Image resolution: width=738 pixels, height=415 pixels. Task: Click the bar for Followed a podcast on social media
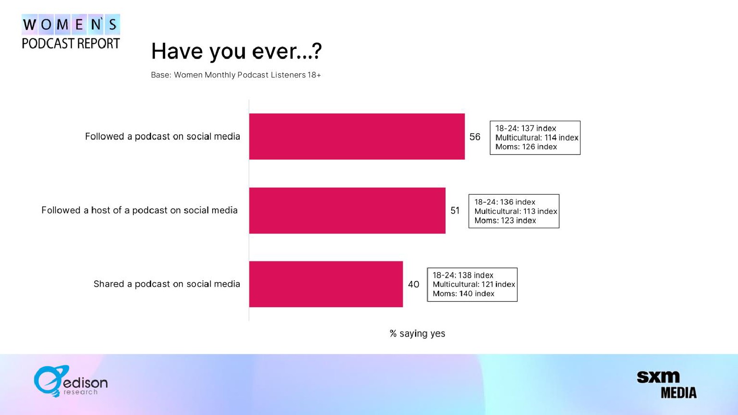coord(357,136)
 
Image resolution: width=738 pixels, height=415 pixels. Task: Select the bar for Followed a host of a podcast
coord(347,210)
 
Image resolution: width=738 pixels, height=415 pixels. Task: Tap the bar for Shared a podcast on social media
coord(326,284)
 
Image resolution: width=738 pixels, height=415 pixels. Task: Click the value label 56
coord(475,136)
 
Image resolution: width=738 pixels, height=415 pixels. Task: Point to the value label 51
coord(455,210)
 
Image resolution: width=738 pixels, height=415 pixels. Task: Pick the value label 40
coord(413,284)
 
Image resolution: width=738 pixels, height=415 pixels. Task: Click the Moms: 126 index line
coord(526,147)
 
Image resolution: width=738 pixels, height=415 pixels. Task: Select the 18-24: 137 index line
coord(525,129)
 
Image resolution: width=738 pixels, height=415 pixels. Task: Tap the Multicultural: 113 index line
coord(516,211)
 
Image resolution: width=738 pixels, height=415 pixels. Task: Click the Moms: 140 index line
coord(463,294)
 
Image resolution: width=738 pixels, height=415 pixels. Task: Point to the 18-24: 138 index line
coord(463,275)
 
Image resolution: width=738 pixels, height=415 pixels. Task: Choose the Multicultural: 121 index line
coord(474,284)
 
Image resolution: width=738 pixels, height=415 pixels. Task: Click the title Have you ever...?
coord(236,51)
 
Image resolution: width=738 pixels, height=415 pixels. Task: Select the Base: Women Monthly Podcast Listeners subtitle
coord(236,75)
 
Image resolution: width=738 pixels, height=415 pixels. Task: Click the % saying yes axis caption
coord(417,334)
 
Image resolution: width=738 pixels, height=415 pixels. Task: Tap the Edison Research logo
coord(71,381)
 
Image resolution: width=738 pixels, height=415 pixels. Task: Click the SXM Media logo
coord(667,385)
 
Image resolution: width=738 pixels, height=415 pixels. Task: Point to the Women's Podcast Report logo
coord(71,32)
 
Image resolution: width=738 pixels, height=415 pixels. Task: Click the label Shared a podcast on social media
coord(167,284)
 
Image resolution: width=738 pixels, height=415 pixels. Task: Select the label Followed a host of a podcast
coord(139,210)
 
